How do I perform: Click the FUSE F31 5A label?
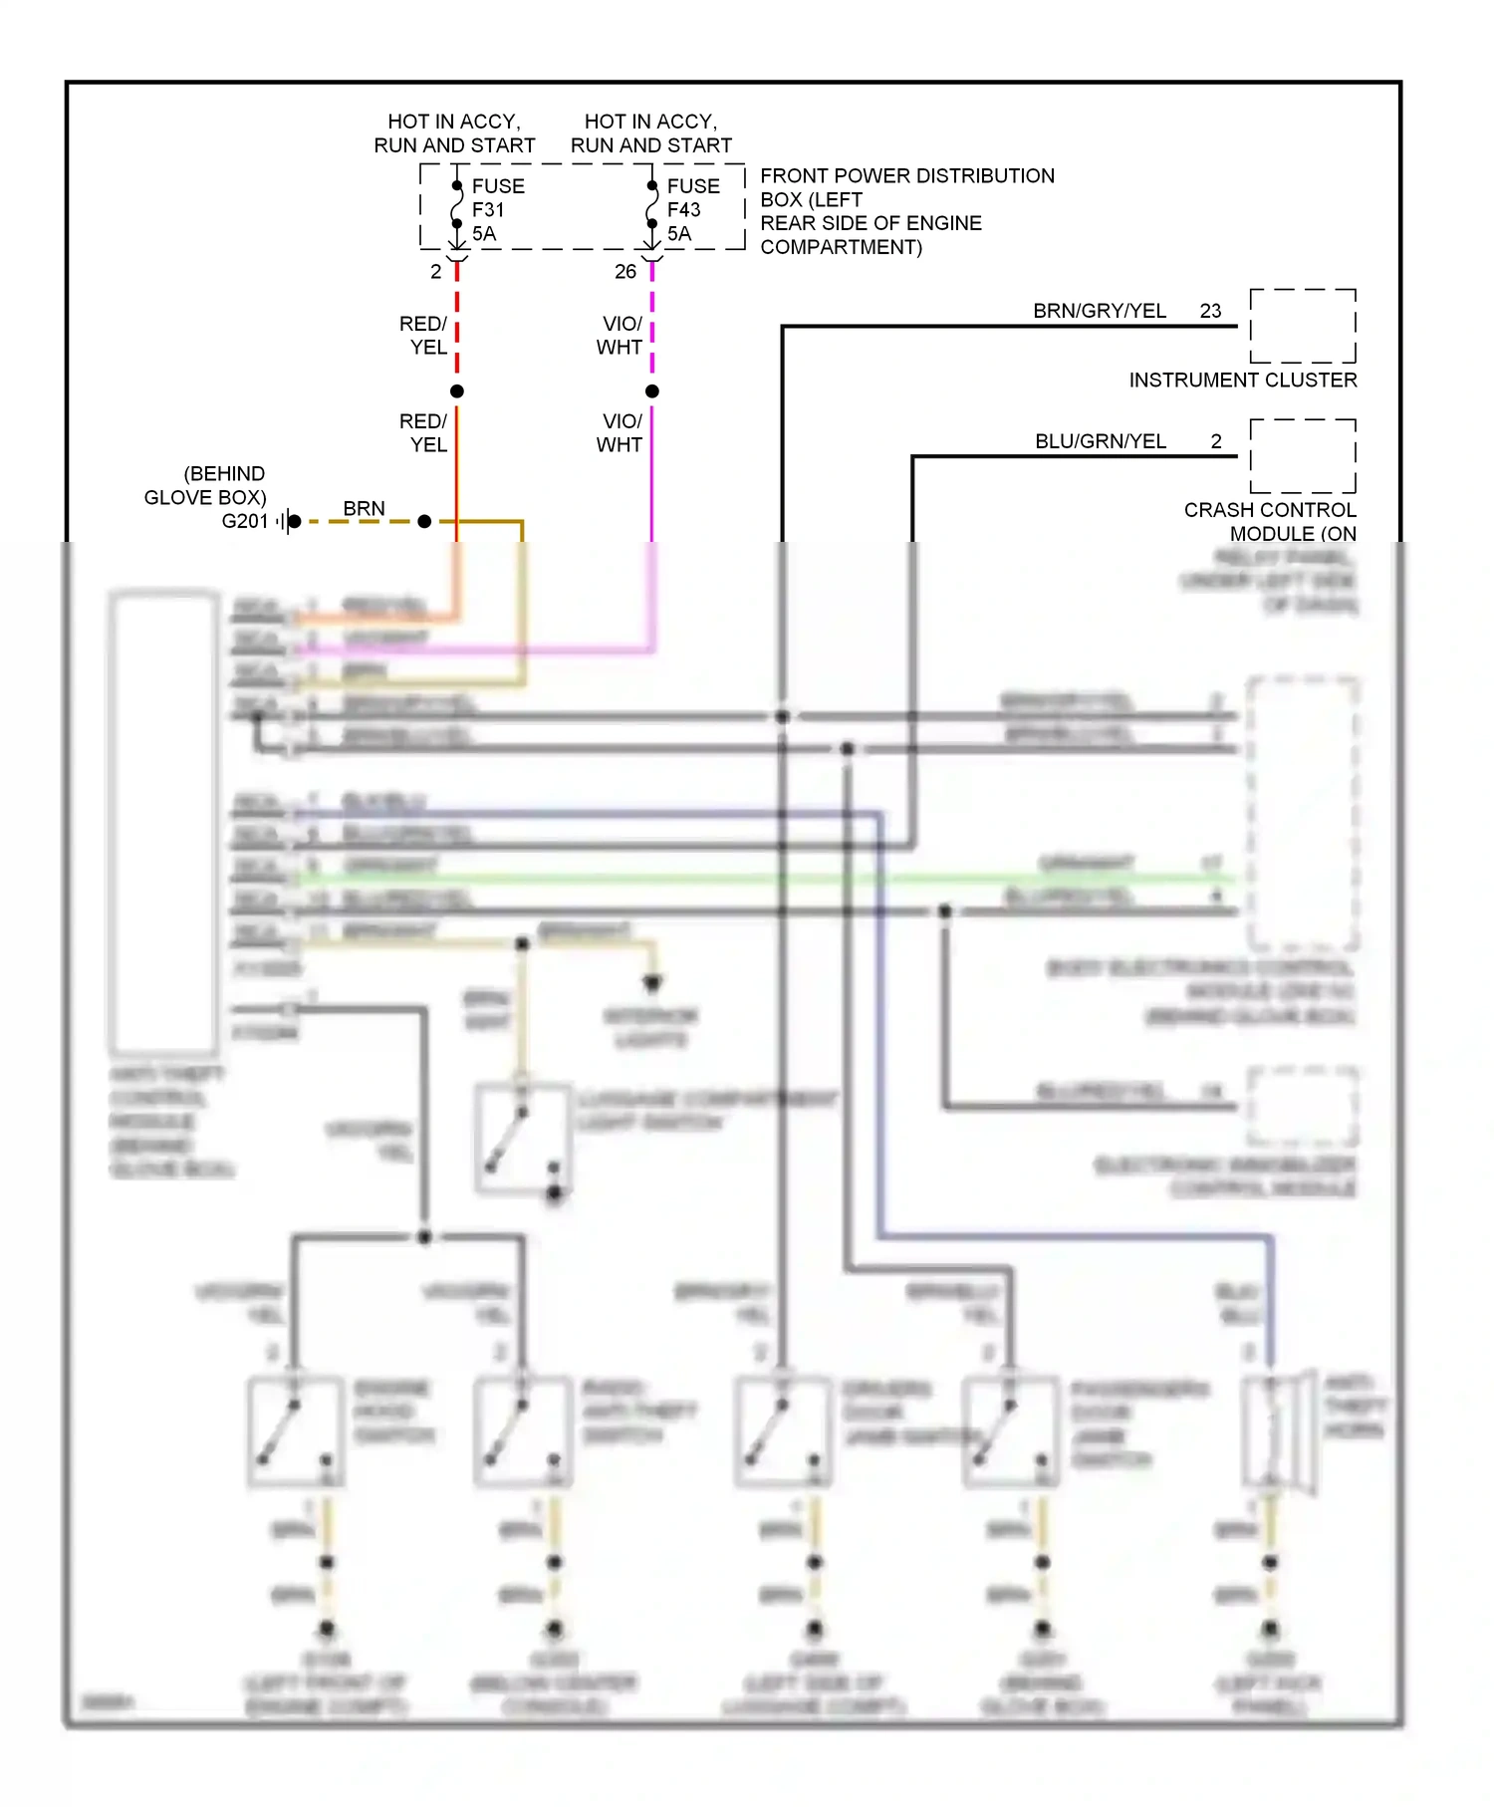pyautogui.click(x=497, y=210)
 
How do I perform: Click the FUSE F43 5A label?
pyautogui.click(x=692, y=210)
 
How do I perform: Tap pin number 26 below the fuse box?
pyautogui.click(x=625, y=271)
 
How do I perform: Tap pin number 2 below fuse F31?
pyautogui.click(x=435, y=271)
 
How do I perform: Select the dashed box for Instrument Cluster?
pyautogui.click(x=1303, y=326)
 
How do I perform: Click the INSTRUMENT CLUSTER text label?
pyautogui.click(x=1242, y=380)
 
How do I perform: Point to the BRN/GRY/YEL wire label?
pyautogui.click(x=1100, y=311)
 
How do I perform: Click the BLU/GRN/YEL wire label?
pyautogui.click(x=1101, y=441)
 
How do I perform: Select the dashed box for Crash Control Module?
pyautogui.click(x=1303, y=456)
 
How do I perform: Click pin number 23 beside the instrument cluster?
pyautogui.click(x=1210, y=311)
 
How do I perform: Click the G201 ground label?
pyautogui.click(x=245, y=521)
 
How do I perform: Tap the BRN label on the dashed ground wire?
pyautogui.click(x=364, y=508)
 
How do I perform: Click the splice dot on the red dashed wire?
pyautogui.click(x=457, y=391)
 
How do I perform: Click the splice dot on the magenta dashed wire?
pyautogui.click(x=652, y=391)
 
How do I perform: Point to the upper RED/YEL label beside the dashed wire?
pyautogui.click(x=423, y=336)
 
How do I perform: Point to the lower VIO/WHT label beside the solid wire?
pyautogui.click(x=620, y=433)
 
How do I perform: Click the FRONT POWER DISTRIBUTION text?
pyautogui.click(x=906, y=176)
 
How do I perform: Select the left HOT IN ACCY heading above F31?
pyautogui.click(x=454, y=133)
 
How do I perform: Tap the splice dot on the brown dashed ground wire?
pyautogui.click(x=424, y=521)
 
